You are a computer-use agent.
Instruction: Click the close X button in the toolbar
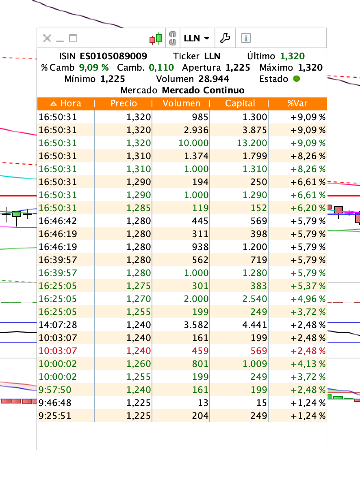(47, 38)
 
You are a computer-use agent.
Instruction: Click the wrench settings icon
(225, 38)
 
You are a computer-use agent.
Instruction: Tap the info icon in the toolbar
(246, 38)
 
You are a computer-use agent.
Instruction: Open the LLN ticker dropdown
(197, 38)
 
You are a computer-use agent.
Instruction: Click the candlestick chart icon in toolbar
(156, 38)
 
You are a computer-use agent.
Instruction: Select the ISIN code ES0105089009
(113, 56)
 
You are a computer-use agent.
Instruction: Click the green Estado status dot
(296, 79)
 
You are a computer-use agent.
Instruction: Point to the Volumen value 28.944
(214, 79)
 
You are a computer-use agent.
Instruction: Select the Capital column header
(240, 103)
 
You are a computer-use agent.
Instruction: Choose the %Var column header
(297, 103)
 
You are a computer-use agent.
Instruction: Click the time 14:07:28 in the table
(58, 325)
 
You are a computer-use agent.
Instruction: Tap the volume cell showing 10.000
(193, 143)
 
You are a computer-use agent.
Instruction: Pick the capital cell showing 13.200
(252, 143)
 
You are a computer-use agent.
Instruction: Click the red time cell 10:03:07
(58, 351)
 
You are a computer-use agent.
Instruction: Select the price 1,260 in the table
(139, 364)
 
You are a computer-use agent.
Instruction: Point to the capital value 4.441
(255, 325)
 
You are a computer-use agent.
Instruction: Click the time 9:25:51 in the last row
(55, 416)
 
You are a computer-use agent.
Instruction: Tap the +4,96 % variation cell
(308, 299)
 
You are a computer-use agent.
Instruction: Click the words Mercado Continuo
(203, 91)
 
